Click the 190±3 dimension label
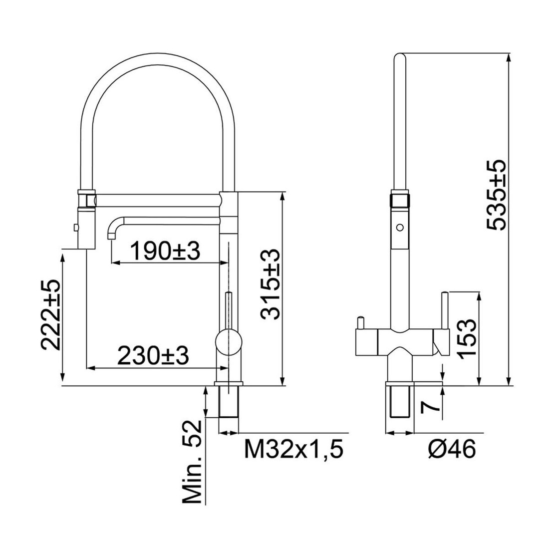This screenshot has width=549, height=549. pos(165,251)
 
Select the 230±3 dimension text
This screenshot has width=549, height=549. pos(153,356)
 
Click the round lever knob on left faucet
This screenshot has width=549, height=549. pos(229,342)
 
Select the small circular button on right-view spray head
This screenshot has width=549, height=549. pos(399,228)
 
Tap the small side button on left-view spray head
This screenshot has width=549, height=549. pos(75,228)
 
